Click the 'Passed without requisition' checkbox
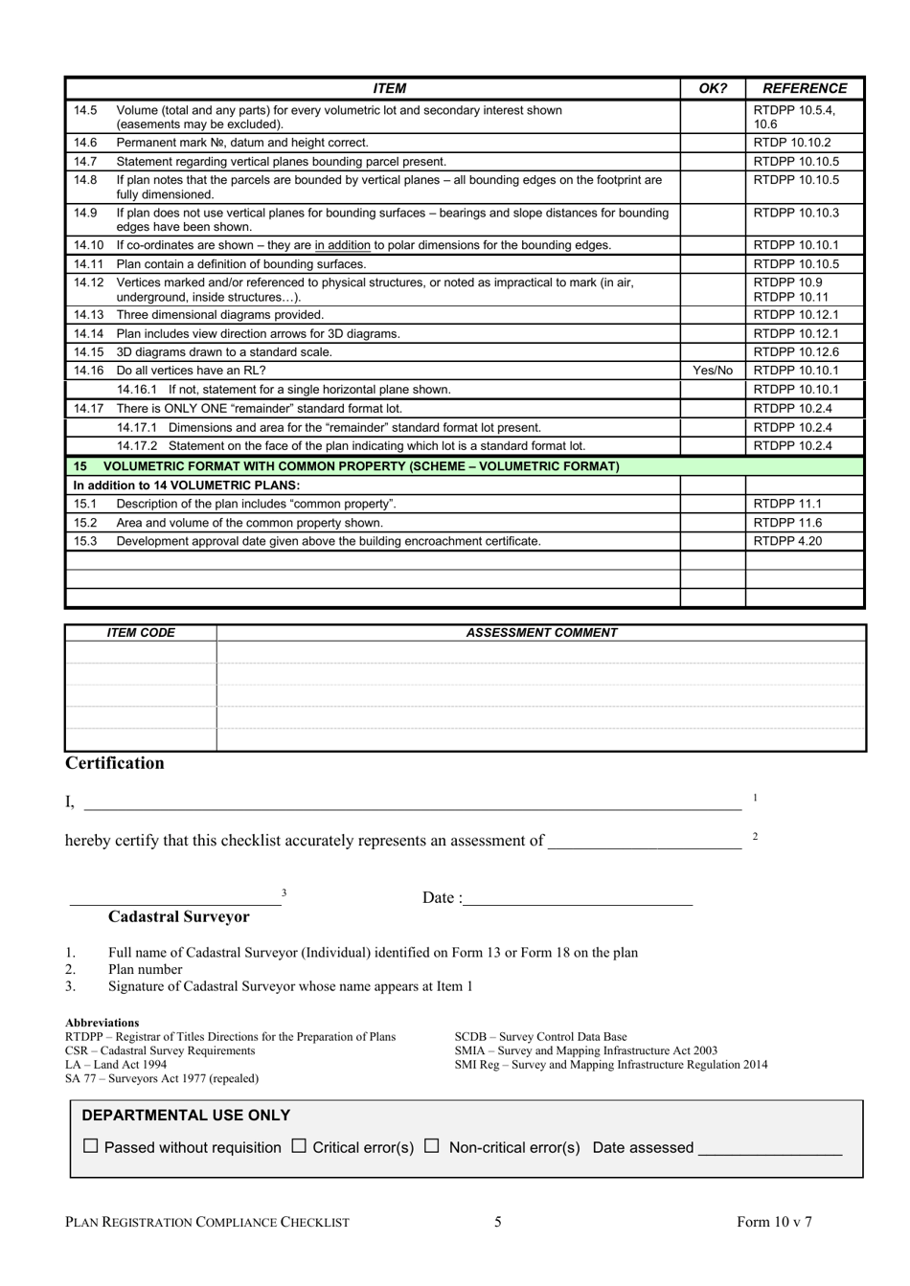click(91, 1145)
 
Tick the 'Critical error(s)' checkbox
click(299, 1145)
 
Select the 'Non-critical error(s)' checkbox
click(431, 1145)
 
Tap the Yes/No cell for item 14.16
click(712, 371)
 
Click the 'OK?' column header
click(713, 88)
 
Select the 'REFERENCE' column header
click(805, 88)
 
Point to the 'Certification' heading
click(114, 763)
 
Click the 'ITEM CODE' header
click(141, 633)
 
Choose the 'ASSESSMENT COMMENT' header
click(541, 633)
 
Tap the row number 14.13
click(88, 315)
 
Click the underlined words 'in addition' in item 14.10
click(342, 245)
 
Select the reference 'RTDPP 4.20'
click(787, 541)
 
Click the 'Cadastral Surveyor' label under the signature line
click(178, 916)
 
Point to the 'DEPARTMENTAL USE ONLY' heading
click(186, 1116)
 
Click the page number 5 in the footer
click(498, 1221)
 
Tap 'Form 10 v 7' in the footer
click(774, 1221)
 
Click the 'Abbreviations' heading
click(102, 1023)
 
